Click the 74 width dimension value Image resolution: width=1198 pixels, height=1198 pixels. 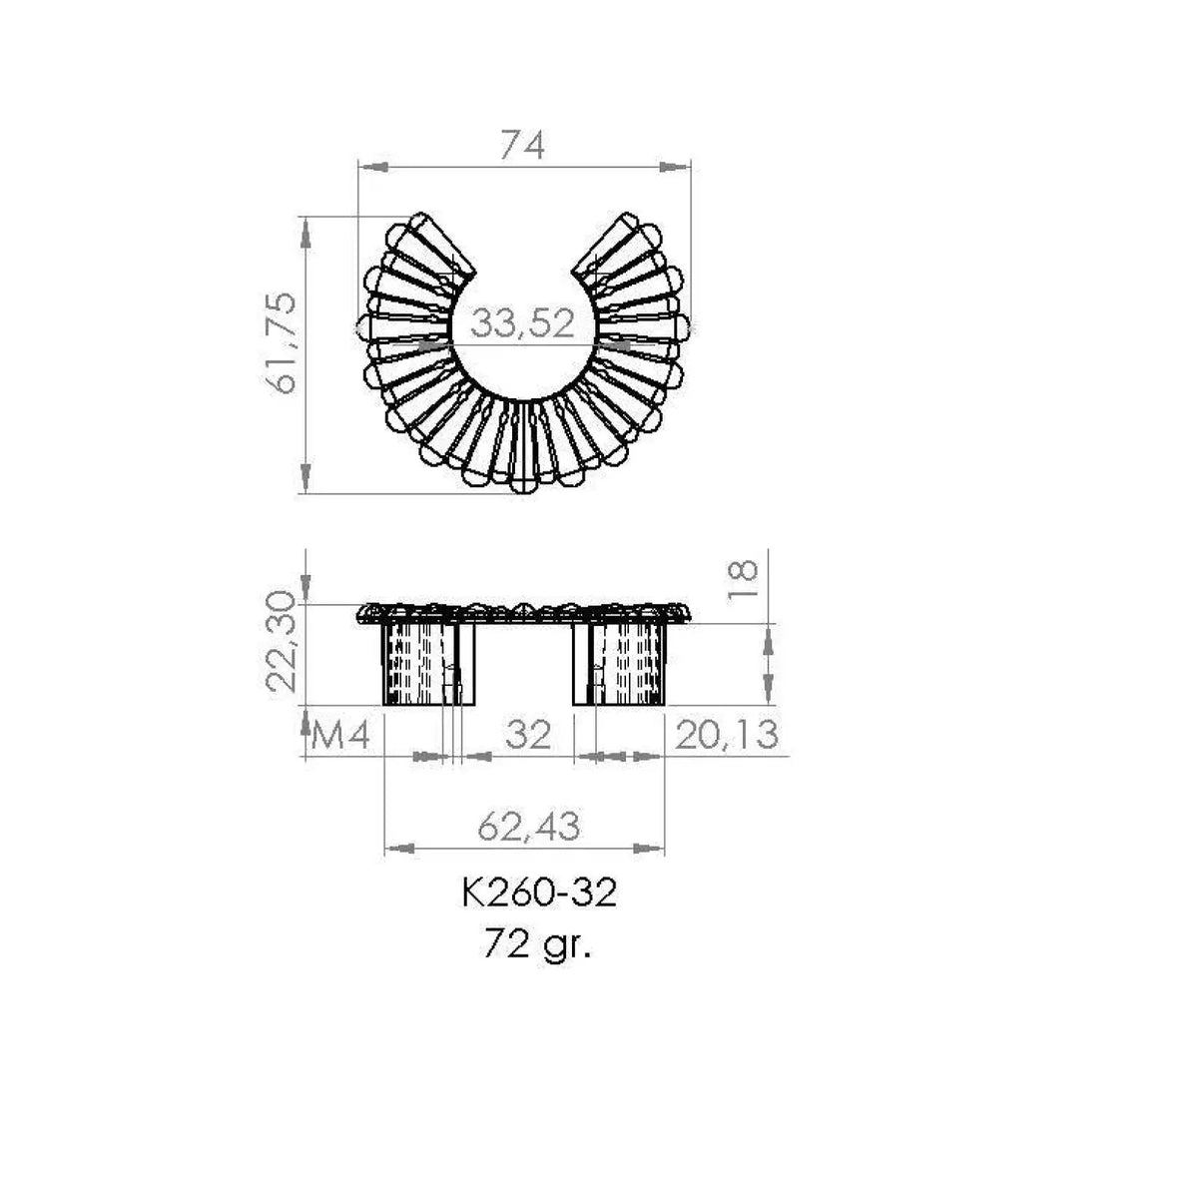click(522, 146)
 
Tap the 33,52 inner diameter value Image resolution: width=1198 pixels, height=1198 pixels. click(521, 323)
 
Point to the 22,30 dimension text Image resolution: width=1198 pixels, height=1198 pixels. click(280, 642)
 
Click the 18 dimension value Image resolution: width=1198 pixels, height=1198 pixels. click(743, 579)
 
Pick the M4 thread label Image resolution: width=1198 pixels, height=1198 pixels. click(340, 736)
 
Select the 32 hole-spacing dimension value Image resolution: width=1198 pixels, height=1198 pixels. click(528, 734)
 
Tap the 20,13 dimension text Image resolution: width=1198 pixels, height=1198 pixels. click(726, 734)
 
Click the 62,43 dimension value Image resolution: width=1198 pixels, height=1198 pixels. click(528, 827)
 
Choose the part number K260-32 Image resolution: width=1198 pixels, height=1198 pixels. click(539, 894)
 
